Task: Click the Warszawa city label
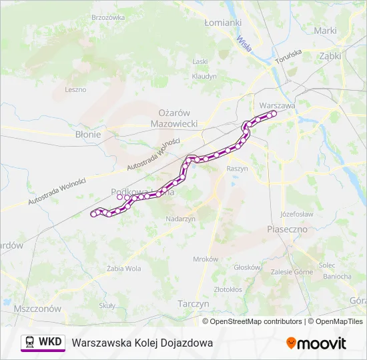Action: click(x=276, y=105)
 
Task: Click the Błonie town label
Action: click(x=88, y=134)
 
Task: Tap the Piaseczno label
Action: click(x=286, y=229)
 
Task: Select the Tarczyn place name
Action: click(x=194, y=303)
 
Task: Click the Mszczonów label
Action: click(x=37, y=309)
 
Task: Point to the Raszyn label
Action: click(x=237, y=169)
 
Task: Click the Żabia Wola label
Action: click(x=123, y=269)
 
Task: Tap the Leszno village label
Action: click(x=75, y=89)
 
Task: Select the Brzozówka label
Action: click(x=107, y=17)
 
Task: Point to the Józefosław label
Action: click(x=297, y=214)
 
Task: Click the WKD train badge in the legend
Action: click(x=43, y=343)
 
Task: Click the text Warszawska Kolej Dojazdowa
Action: click(x=142, y=343)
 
